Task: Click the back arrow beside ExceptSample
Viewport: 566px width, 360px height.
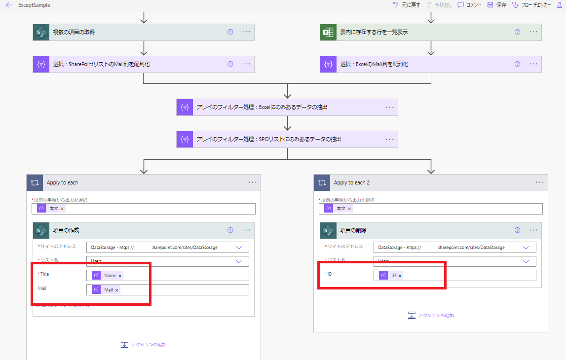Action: [9, 5]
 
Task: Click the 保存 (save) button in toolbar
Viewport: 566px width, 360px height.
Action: [497, 5]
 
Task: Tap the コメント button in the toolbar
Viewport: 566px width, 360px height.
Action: [469, 5]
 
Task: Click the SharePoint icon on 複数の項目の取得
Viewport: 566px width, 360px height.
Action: [41, 32]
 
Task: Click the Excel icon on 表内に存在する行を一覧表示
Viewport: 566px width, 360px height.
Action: [328, 32]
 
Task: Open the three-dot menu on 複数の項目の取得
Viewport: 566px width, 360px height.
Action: [246, 32]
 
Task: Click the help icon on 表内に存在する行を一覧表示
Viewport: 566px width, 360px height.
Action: [517, 32]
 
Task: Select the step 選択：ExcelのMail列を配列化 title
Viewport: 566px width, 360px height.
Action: [374, 65]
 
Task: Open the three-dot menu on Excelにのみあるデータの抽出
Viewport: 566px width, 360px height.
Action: [389, 107]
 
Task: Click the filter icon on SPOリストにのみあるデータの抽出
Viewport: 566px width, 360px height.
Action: [185, 140]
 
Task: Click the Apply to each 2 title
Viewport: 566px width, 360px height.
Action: [352, 182]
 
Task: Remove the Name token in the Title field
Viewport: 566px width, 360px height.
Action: [120, 276]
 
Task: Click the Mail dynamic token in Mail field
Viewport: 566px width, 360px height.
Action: [109, 290]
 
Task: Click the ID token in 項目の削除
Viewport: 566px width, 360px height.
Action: [394, 276]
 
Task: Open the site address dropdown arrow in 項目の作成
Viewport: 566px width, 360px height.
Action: [239, 248]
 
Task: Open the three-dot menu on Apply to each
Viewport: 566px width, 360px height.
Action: [253, 182]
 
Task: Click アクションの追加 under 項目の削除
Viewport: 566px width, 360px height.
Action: [431, 316]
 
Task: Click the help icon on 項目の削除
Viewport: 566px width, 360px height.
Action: [517, 230]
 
